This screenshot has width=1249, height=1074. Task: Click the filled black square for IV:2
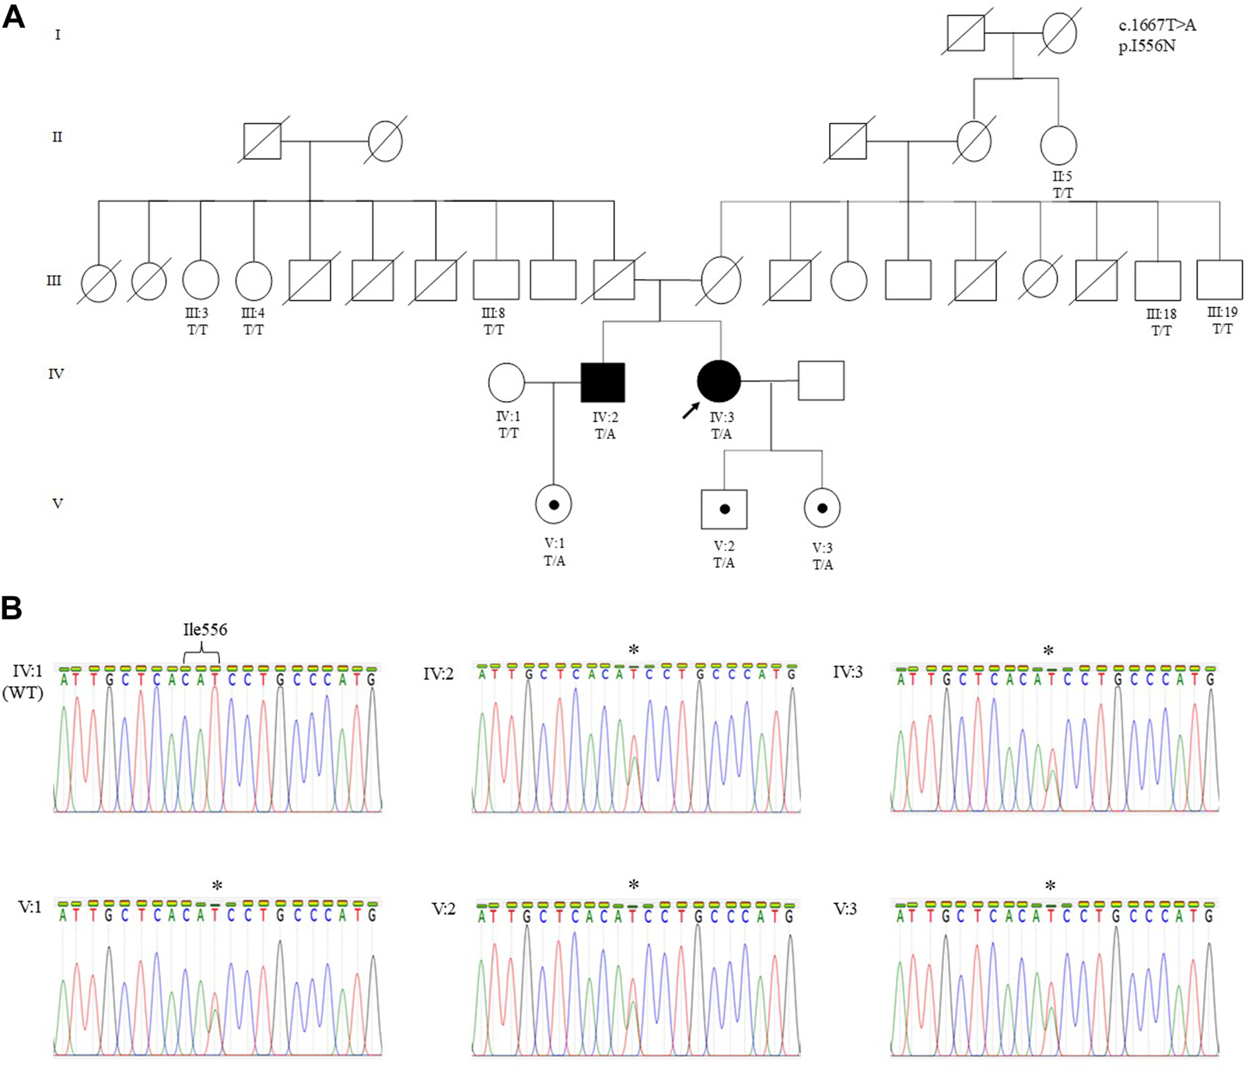(x=603, y=382)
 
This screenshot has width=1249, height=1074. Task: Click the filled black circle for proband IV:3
(x=719, y=382)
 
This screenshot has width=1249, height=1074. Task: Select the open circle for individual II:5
(x=1058, y=145)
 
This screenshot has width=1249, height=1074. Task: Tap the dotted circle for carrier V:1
(x=554, y=505)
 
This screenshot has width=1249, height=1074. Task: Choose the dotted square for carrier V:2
(x=724, y=509)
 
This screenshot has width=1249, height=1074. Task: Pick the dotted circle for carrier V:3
(x=822, y=508)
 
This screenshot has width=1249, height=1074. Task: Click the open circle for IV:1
(x=506, y=382)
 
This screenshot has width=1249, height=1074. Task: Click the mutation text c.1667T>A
(x=1157, y=26)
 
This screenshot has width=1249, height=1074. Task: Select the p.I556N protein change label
(x=1147, y=46)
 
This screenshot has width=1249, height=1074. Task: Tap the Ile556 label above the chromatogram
(x=205, y=629)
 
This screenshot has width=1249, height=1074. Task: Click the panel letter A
(x=13, y=17)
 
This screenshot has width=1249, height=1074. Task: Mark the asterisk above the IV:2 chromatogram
(x=634, y=650)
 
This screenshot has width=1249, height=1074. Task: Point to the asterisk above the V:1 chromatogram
(x=217, y=886)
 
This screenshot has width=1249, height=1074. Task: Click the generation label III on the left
(x=54, y=280)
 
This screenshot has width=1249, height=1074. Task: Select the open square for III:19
(x=1219, y=280)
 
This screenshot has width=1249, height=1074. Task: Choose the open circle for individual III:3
(x=201, y=281)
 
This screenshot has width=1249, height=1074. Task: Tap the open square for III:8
(x=495, y=280)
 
